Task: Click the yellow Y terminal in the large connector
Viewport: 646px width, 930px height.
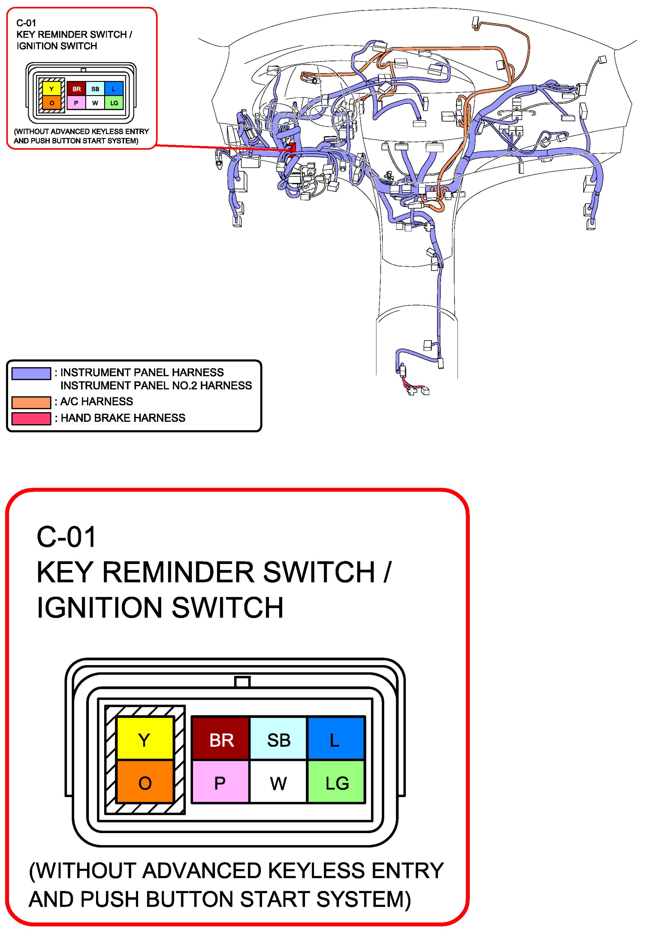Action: [x=145, y=740]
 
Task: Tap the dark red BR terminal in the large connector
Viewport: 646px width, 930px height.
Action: [x=221, y=740]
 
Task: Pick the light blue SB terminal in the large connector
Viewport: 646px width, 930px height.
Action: [x=279, y=740]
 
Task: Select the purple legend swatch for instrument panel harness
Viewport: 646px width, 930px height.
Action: [x=31, y=373]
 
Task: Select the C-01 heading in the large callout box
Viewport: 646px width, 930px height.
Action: [x=67, y=537]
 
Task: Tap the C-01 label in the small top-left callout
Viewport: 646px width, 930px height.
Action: [x=26, y=23]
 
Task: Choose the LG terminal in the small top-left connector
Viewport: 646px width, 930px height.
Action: [x=114, y=103]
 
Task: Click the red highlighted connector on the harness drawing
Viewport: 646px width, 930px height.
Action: [x=292, y=148]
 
